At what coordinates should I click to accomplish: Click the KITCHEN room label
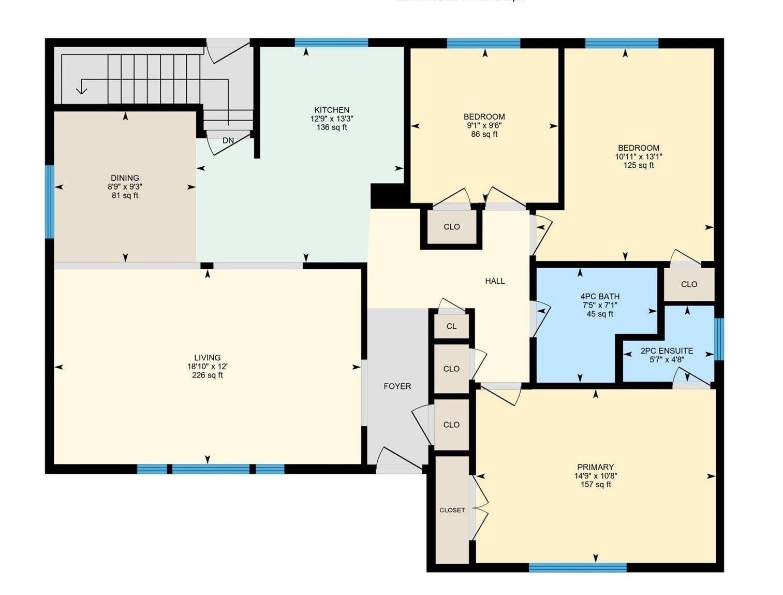(x=332, y=110)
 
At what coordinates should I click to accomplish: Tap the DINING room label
(x=125, y=178)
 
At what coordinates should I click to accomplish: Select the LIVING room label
(x=207, y=357)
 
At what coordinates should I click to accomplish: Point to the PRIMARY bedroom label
(x=595, y=467)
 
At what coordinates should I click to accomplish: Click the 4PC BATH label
(x=600, y=296)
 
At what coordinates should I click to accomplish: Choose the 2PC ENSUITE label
(x=667, y=351)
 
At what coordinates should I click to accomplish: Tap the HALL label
(x=495, y=281)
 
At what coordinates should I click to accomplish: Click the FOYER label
(x=397, y=386)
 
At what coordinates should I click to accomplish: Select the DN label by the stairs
(x=228, y=140)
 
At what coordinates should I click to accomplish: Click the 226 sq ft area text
(x=207, y=375)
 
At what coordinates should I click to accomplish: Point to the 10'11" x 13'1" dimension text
(x=638, y=156)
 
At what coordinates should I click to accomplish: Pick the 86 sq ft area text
(x=484, y=135)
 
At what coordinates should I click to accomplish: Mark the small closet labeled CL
(x=451, y=326)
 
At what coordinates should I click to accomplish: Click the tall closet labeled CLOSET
(x=452, y=510)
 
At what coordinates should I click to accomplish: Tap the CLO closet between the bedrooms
(x=451, y=227)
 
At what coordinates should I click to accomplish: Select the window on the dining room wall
(x=50, y=201)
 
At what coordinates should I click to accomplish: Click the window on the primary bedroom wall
(x=578, y=568)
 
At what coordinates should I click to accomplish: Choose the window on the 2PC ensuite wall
(x=719, y=339)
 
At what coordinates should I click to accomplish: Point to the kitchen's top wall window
(x=331, y=42)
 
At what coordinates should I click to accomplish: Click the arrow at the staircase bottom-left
(x=81, y=89)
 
